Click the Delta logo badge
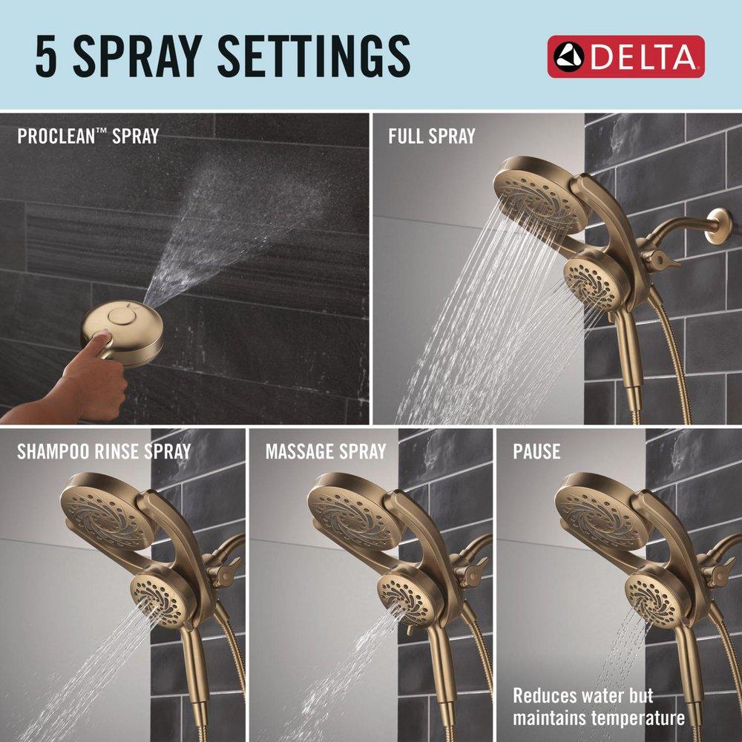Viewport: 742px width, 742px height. pyautogui.click(x=626, y=56)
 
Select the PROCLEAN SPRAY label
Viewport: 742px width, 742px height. pyautogui.click(x=88, y=137)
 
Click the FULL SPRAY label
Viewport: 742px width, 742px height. pyautogui.click(x=431, y=137)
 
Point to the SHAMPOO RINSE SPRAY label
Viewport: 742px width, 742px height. pyautogui.click(x=104, y=451)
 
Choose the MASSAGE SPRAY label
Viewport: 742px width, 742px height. pyautogui.click(x=326, y=451)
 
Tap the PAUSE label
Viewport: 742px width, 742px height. pyautogui.click(x=536, y=451)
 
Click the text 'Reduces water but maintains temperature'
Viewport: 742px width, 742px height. pyautogui.click(x=598, y=707)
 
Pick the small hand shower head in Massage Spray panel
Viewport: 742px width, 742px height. pyautogui.click(x=403, y=591)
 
